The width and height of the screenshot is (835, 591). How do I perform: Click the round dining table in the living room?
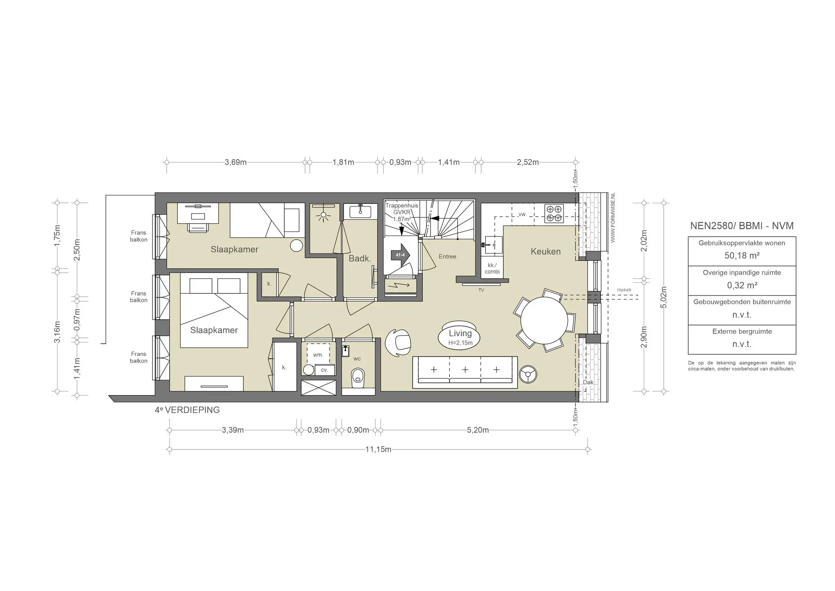point(544,320)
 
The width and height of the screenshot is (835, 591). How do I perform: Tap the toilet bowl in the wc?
point(358,377)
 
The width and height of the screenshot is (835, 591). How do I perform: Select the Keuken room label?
point(546,251)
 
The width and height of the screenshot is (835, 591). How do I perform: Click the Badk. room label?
point(360,258)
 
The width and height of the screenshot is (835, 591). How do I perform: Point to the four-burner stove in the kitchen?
point(554,213)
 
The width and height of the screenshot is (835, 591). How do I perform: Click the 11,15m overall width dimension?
point(378,449)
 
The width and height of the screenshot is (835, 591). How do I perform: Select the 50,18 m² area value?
point(742,256)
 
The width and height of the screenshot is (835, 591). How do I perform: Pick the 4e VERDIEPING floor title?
point(187,410)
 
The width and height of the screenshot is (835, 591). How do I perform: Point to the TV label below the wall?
point(481,290)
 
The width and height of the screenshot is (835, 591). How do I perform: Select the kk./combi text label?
point(492,268)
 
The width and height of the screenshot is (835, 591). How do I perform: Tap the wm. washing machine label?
point(318,355)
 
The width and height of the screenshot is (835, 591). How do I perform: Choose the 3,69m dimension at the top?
point(236,162)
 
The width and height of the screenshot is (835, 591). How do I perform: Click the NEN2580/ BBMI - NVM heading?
point(742,226)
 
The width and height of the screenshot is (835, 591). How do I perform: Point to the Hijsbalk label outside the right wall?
point(624,290)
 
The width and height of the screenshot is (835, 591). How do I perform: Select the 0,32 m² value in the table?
point(742,285)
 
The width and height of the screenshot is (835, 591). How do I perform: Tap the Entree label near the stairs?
point(447,256)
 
